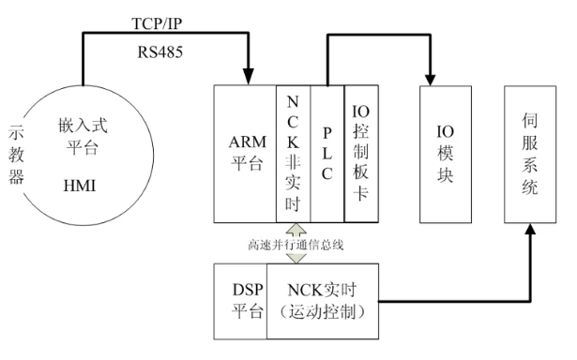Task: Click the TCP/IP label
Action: [x=158, y=22]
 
